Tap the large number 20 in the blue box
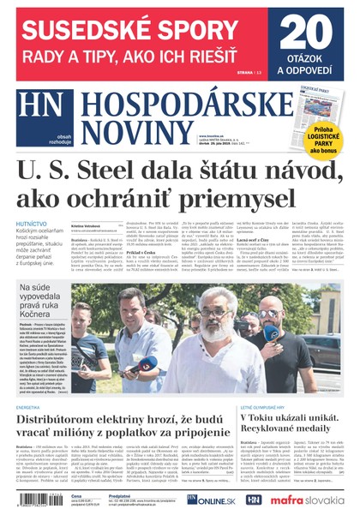(x=304, y=32)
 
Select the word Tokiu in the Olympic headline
(x=263, y=419)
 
